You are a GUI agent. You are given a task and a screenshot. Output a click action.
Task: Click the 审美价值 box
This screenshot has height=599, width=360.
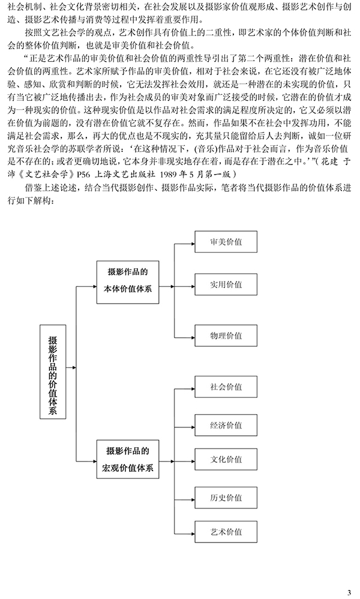(226, 241)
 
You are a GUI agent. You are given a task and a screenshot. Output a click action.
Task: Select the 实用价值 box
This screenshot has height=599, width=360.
(226, 284)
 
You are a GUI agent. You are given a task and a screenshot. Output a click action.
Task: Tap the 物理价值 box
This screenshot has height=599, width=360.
(226, 336)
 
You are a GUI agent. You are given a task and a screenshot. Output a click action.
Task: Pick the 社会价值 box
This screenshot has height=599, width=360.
(226, 387)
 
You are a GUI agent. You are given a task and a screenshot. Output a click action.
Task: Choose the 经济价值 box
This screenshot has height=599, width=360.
(226, 425)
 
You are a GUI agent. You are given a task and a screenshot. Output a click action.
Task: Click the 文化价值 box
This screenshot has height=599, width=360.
(226, 459)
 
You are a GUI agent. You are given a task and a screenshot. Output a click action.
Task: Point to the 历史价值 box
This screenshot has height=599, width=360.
(226, 498)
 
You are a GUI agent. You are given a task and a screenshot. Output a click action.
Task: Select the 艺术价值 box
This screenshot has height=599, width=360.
(226, 531)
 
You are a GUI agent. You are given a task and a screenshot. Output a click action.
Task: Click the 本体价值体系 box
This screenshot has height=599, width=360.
(128, 282)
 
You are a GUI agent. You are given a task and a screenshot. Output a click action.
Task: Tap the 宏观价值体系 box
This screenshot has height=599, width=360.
(128, 459)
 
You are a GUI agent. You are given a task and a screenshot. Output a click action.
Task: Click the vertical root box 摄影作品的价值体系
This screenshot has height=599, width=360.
(53, 372)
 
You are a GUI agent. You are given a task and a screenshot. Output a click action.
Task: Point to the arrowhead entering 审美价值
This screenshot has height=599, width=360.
(193, 242)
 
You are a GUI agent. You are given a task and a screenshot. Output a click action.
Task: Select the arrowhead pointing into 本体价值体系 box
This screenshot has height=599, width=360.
(94, 286)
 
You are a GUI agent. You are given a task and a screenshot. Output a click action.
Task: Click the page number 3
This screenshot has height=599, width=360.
(349, 592)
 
